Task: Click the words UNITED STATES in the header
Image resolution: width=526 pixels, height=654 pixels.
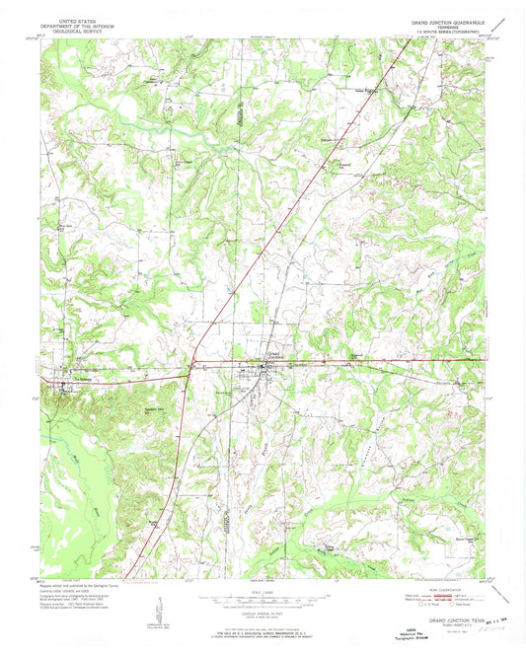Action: [80, 18]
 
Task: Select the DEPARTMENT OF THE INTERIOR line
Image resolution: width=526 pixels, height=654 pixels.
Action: [80, 24]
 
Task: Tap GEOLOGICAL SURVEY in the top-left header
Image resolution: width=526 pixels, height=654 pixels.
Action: [80, 30]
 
